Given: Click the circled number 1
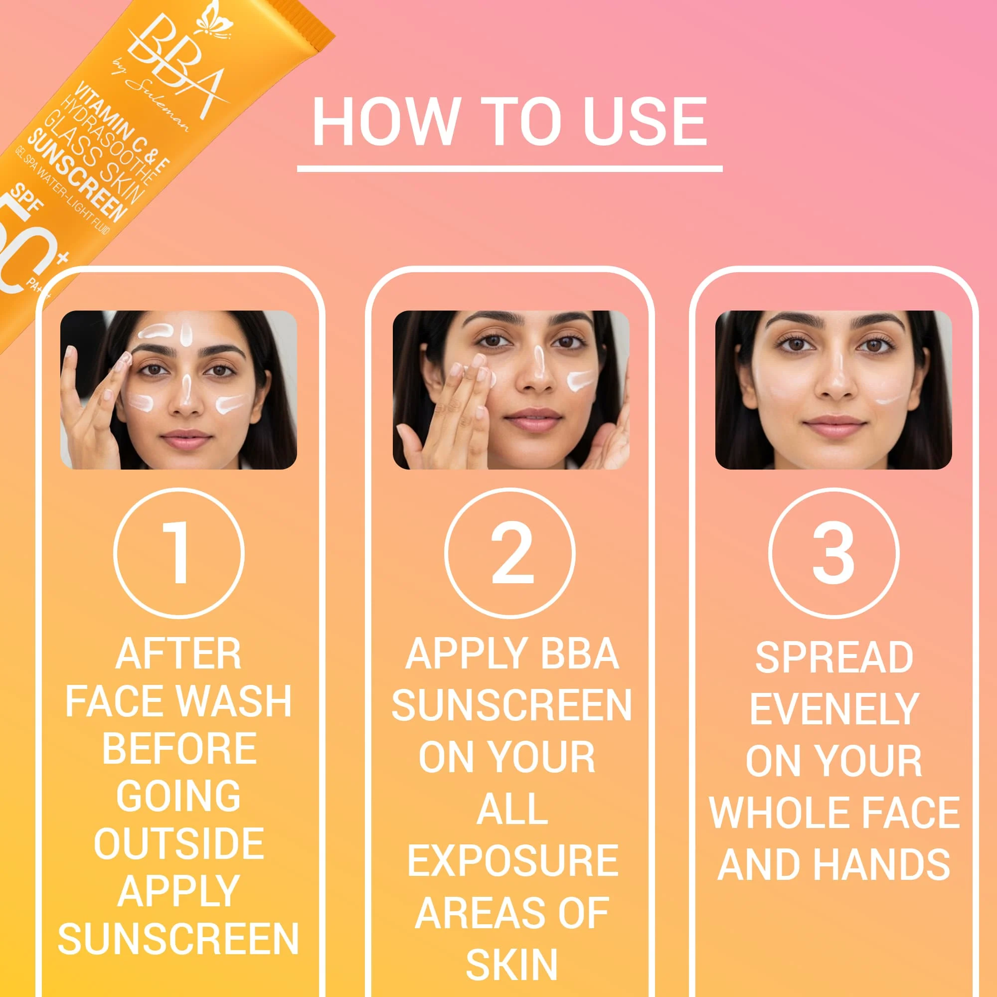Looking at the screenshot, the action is (178, 553).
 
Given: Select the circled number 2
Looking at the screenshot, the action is (510, 553).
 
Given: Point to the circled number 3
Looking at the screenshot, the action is (833, 553).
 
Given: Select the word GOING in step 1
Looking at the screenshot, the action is (178, 796).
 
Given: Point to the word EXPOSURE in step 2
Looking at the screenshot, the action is (512, 861).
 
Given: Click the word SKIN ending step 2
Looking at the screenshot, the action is (512, 964).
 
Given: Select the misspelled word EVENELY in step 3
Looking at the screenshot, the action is (834, 709).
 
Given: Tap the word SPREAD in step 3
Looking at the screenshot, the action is (834, 657).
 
